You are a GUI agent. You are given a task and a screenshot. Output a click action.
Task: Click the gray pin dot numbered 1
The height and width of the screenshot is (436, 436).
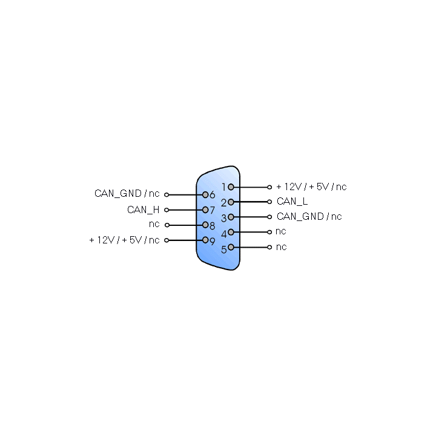point(231,187)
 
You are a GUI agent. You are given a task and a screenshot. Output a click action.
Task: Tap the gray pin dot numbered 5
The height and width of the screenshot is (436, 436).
point(231,247)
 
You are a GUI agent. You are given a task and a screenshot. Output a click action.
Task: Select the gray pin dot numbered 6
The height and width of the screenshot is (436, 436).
point(205,194)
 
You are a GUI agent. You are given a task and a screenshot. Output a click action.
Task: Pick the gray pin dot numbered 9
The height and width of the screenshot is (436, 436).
point(205,240)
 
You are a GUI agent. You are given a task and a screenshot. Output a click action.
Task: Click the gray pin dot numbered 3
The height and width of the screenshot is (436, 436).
point(231,217)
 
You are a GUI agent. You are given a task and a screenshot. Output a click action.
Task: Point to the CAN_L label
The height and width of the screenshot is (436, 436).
point(292,202)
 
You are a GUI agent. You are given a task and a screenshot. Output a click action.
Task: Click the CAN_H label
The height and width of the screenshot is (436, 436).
point(143,210)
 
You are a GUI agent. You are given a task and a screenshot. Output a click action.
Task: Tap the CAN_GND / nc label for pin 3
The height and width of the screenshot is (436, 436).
point(309,217)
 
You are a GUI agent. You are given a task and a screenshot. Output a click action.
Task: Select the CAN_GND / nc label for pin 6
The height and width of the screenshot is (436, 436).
point(127,194)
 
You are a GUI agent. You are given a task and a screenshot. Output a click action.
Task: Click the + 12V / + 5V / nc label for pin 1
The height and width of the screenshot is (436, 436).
point(311,187)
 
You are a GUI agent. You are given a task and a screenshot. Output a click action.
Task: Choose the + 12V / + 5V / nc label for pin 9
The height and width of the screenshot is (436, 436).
point(124,240)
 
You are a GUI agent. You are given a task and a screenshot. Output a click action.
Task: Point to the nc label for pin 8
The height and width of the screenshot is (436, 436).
point(154,224)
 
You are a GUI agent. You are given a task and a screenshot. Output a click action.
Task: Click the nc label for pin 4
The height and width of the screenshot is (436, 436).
point(281,231)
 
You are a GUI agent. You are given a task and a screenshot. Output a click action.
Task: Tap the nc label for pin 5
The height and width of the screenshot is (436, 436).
point(282,247)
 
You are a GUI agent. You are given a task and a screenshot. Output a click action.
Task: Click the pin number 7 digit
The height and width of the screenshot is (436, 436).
point(212,210)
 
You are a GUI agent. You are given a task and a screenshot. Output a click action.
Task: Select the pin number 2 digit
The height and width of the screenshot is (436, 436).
point(224,203)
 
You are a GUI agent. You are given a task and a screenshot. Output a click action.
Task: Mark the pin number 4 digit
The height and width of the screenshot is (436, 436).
point(224,234)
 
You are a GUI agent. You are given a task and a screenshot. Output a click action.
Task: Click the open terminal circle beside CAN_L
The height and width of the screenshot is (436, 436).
point(269,202)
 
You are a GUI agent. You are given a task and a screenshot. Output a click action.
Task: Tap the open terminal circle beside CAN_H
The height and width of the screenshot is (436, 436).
point(167,210)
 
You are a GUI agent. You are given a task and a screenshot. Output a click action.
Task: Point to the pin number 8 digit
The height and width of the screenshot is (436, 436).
point(212,226)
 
